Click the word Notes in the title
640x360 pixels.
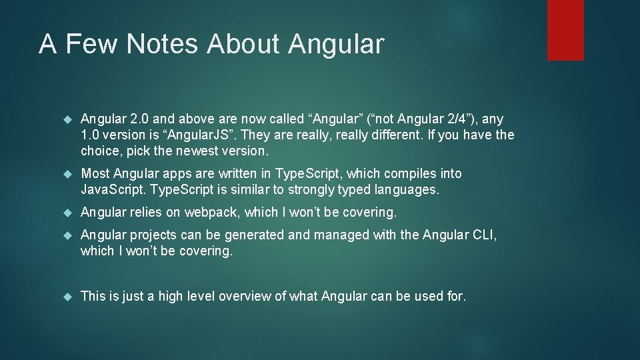(162, 44)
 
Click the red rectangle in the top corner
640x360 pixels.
(565, 30)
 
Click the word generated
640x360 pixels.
(257, 235)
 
